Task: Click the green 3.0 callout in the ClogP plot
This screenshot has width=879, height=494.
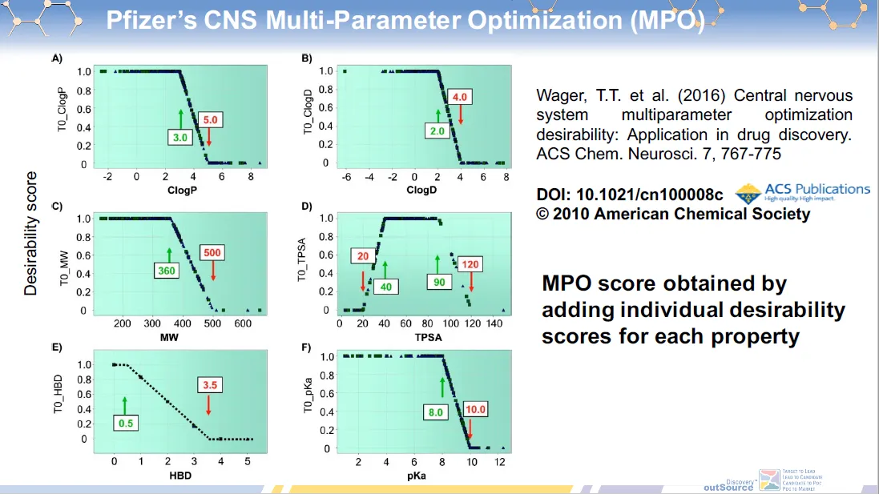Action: click(179, 138)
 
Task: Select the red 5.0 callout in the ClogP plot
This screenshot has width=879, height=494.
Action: click(209, 120)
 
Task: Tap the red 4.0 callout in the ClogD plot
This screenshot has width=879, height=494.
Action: click(460, 98)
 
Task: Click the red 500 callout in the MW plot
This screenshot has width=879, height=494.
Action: click(212, 253)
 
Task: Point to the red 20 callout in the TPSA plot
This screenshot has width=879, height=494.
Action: click(363, 256)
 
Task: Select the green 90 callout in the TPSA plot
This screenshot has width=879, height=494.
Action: click(440, 282)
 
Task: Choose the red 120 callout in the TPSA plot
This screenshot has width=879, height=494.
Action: click(470, 265)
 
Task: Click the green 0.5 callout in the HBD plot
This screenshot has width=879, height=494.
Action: click(126, 422)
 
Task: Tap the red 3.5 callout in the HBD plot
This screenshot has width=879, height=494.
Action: click(209, 385)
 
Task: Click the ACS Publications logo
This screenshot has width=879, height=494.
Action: click(803, 192)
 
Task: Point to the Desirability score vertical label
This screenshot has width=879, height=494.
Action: click(30, 233)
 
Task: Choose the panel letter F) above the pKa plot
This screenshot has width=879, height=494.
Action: click(306, 347)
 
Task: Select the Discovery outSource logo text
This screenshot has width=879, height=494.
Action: click(728, 484)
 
